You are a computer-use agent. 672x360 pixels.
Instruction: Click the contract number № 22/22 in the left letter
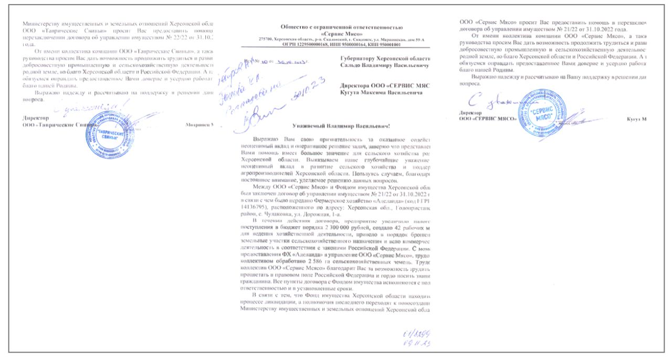pos(167,38)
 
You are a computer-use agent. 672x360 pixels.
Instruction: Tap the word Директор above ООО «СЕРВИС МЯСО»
pos(470,112)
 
